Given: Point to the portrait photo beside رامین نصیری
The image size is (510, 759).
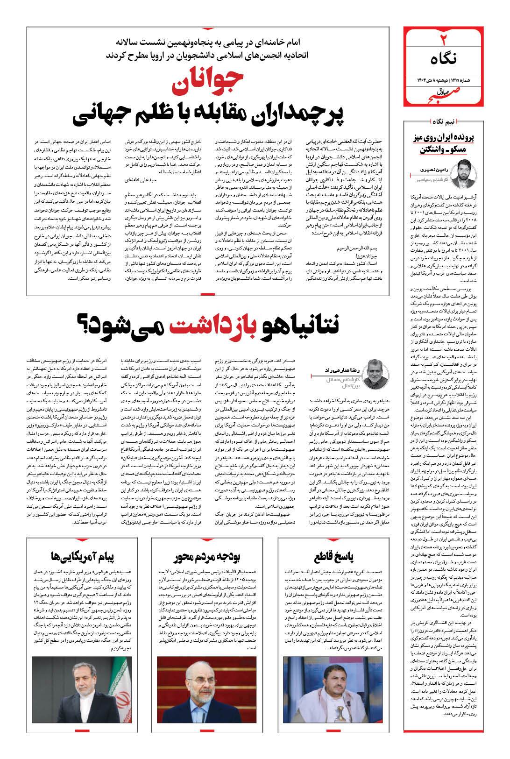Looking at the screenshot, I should click(465, 172).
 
